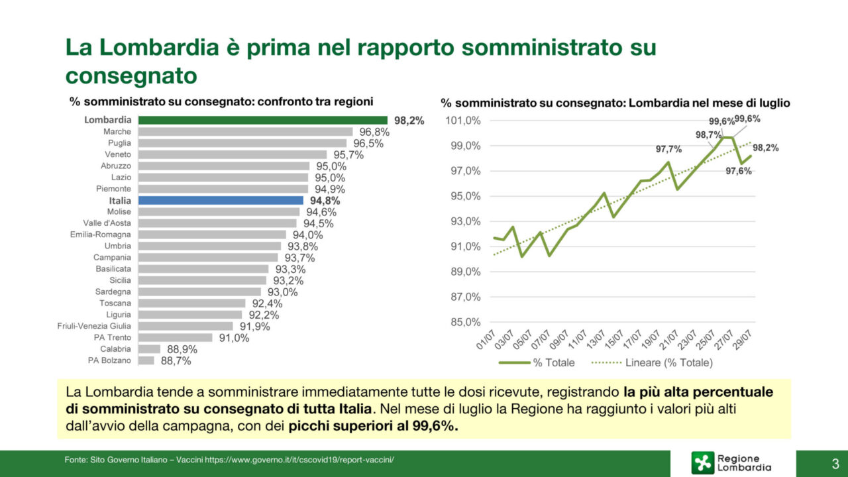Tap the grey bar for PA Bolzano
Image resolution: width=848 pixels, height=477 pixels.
coord(146,360)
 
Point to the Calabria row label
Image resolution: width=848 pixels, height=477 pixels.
coord(115,349)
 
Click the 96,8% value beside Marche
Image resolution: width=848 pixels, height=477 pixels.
coord(374,132)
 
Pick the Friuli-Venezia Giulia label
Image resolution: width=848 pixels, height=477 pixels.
coord(94,326)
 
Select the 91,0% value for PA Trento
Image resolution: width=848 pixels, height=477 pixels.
coord(234,338)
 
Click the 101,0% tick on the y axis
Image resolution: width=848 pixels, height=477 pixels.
coord(462,121)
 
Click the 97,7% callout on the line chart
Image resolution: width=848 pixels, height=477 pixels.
coord(668,149)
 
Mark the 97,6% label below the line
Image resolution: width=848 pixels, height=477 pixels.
coord(738,171)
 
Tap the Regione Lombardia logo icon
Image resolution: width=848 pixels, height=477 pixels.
coord(703,462)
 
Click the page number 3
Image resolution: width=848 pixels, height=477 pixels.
coord(835,462)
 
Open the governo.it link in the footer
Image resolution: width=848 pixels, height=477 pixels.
coord(299,459)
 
